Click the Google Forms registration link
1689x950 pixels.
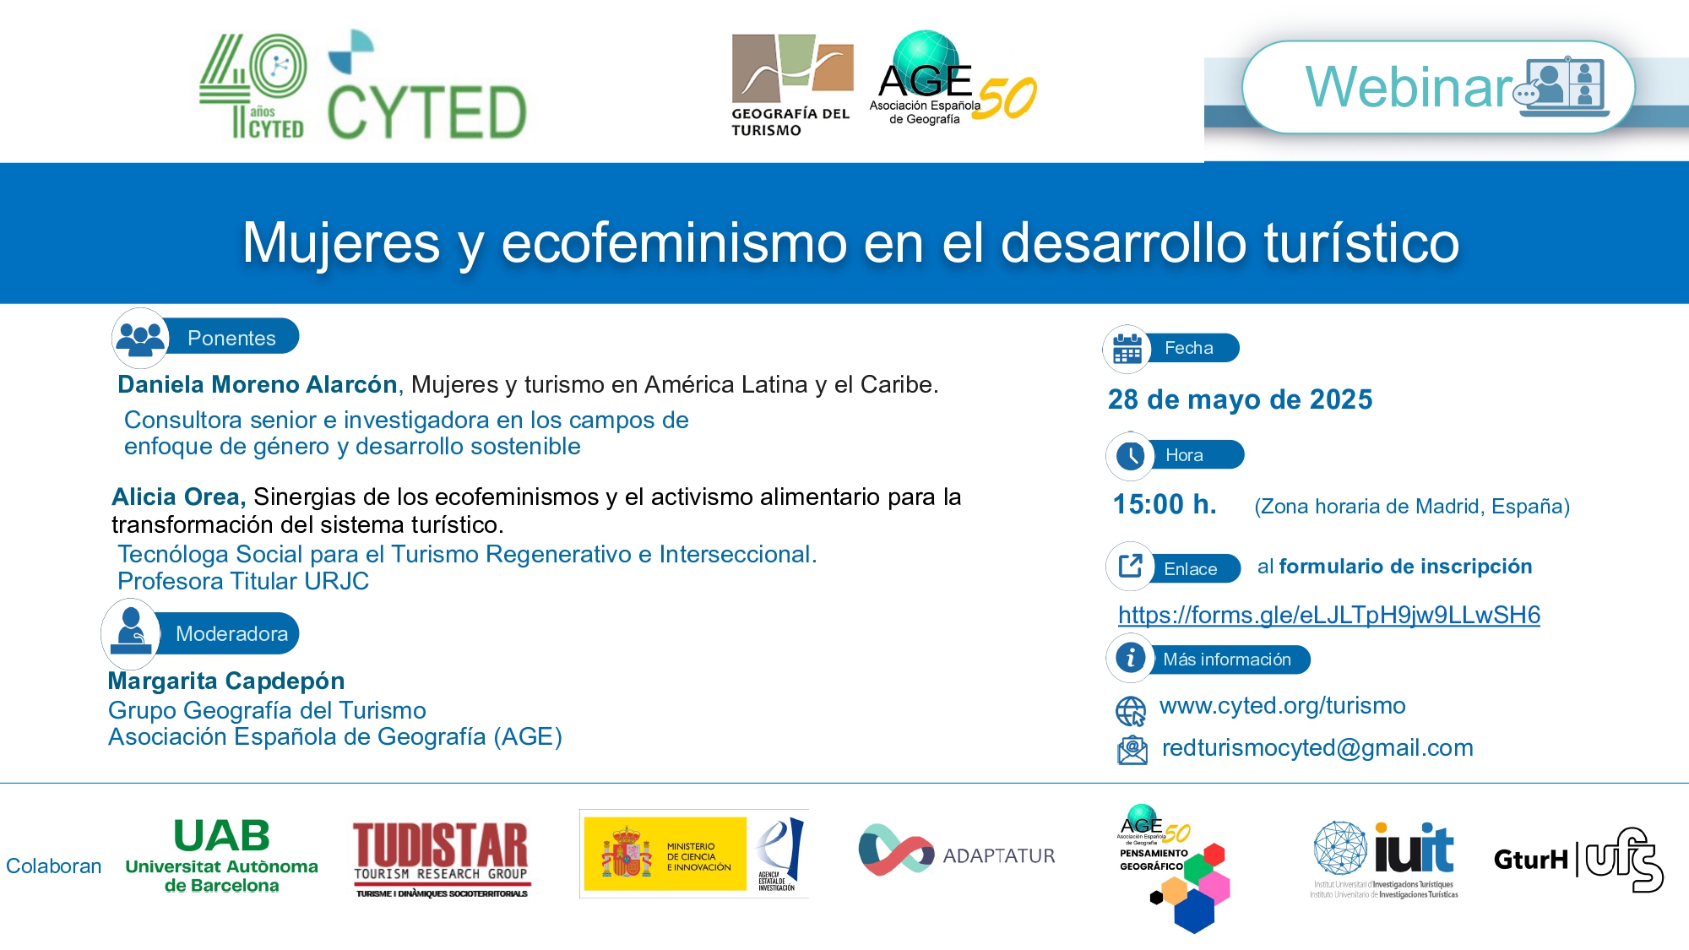tap(1328, 615)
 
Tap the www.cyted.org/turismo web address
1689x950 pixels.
tap(1282, 705)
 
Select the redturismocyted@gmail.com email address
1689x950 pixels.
tap(1317, 747)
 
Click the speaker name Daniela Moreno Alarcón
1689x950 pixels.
tap(258, 384)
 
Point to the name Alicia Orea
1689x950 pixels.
tap(177, 497)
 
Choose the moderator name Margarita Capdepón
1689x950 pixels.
tap(226, 681)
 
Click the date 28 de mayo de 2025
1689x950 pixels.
tap(1240, 399)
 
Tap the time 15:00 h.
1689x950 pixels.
tap(1165, 504)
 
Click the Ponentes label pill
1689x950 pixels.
tap(231, 338)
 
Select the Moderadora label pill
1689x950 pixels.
tap(231, 633)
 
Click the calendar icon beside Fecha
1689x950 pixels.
tap(1127, 348)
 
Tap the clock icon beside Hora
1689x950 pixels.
tap(1130, 456)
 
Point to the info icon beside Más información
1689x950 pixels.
tap(1130, 658)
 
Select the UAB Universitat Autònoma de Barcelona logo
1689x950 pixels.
tap(221, 855)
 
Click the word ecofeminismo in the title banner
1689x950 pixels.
tap(674, 242)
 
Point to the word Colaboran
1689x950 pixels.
tap(53, 866)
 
